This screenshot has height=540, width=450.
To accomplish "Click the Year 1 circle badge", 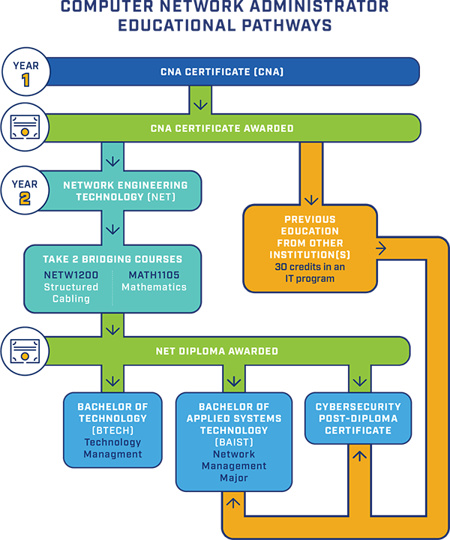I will click(25, 72).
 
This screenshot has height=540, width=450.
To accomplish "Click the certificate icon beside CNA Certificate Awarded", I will click(25, 128).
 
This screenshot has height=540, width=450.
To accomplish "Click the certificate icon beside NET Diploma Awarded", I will click(25, 350).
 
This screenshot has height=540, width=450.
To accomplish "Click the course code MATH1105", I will click(154, 275).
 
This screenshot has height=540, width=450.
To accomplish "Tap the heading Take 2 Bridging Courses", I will click(113, 259).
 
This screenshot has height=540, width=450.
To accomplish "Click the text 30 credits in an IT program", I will click(310, 273).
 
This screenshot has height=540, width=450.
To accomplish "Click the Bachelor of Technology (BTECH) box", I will click(112, 430).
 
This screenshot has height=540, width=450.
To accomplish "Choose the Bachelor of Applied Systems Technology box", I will click(234, 441).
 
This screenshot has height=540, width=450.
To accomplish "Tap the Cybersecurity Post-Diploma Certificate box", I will click(358, 418).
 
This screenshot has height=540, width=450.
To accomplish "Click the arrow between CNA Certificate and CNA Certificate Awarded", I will click(199, 100).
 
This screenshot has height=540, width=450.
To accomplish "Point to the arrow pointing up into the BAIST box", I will click(234, 502).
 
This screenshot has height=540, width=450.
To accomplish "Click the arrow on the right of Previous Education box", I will click(382, 248).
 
